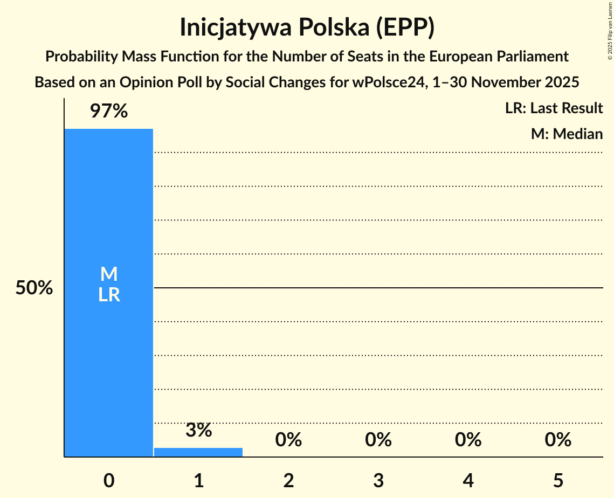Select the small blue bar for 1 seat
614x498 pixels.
click(x=198, y=452)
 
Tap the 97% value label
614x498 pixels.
click(x=109, y=112)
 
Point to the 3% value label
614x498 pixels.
click(x=198, y=430)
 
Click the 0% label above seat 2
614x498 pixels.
click(x=288, y=440)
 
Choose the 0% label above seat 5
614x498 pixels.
click(x=558, y=440)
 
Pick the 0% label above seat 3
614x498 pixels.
click(x=378, y=440)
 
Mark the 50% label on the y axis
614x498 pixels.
click(x=34, y=288)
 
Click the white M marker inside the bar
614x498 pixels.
click(x=109, y=274)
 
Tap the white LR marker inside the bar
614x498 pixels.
click(x=109, y=295)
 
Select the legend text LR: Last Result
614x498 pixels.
click(x=554, y=108)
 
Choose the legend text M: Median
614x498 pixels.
click(x=567, y=134)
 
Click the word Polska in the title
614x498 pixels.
click(x=338, y=28)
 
